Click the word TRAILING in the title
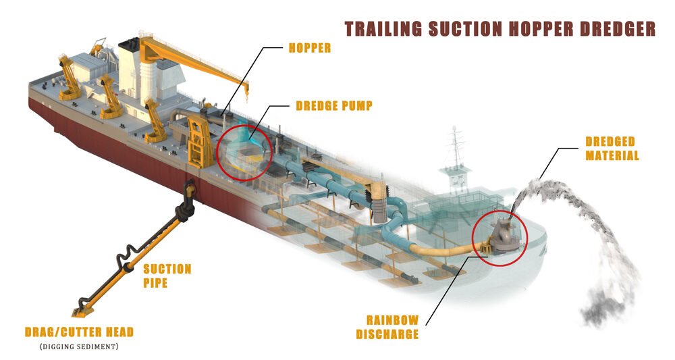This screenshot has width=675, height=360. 381,29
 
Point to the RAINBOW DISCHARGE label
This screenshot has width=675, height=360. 393,327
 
